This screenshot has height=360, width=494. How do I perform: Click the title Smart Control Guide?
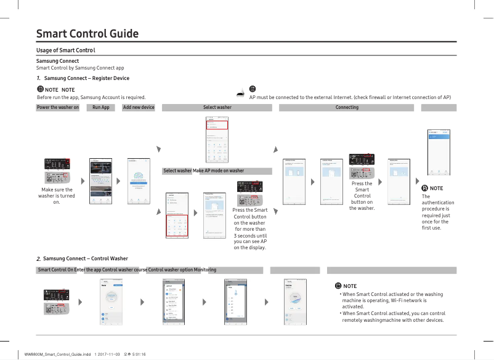coord(87,34)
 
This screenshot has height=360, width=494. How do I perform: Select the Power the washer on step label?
coord(58,108)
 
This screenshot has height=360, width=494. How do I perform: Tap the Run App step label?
coord(100,108)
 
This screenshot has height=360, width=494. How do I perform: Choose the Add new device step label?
coord(139,108)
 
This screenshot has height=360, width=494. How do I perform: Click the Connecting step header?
coord(347,108)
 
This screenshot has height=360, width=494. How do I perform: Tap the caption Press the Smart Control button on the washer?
coord(362,196)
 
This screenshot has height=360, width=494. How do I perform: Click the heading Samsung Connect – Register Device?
coord(87,78)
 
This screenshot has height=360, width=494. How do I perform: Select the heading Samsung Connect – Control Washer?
coord(86,258)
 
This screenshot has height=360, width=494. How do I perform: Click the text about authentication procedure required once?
coord(437,212)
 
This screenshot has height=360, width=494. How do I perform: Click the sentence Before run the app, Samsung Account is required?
coord(91,97)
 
